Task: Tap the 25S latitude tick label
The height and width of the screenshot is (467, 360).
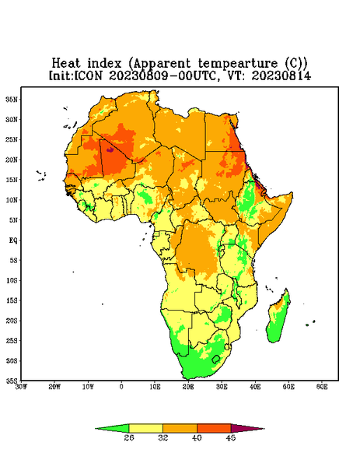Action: coord(12,340)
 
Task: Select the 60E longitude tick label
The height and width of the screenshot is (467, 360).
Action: coord(322,387)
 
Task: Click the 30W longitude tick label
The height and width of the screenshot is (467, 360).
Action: coord(21,387)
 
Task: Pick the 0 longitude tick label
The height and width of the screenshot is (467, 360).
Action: coord(121,387)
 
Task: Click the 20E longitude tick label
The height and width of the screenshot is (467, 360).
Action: coord(188,387)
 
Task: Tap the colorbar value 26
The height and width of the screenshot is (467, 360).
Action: coord(129,437)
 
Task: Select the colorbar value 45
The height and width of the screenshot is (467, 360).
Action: coord(231,437)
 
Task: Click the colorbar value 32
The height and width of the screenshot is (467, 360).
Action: coord(163,437)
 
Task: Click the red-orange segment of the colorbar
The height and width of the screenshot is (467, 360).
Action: coord(214,428)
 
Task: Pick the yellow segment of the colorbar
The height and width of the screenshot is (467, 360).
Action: coord(145,428)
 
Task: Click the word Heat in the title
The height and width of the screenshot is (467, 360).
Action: coord(66,64)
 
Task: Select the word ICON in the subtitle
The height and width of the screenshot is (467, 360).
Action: coord(88,75)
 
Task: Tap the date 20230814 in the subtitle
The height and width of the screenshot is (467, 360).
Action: coord(281,75)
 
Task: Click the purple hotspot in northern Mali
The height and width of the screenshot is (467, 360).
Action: coord(110,149)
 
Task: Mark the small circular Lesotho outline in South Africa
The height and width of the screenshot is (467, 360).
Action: coord(216,359)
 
